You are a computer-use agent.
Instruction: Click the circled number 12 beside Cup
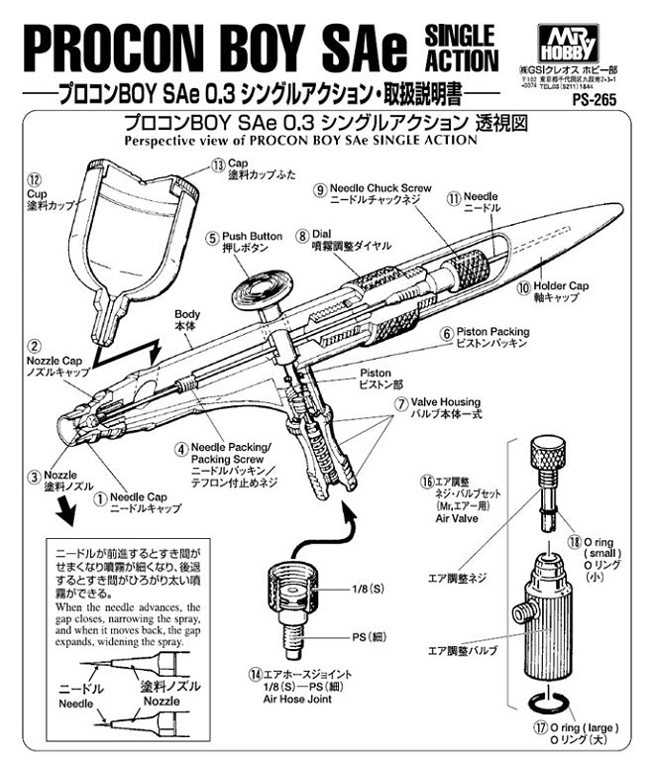pos(35,182)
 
